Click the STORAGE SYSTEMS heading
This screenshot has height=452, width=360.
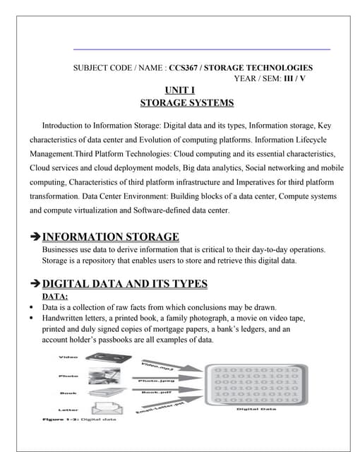pyautogui.click(x=186, y=103)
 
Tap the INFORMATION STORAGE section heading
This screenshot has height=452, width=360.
pyautogui.click(x=111, y=237)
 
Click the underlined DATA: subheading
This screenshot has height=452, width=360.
pyautogui.click(x=56, y=297)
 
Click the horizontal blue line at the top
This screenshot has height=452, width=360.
pyautogui.click(x=202, y=49)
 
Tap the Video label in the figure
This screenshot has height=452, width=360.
pyautogui.click(x=68, y=357)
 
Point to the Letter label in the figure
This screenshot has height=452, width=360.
pyautogui.click(x=68, y=409)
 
